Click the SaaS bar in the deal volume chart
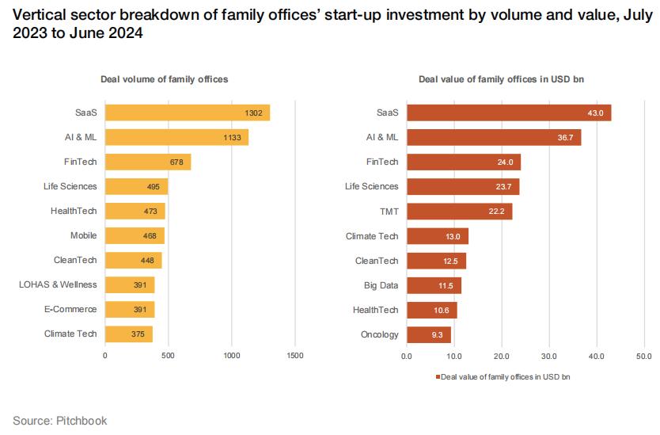tap(187, 113)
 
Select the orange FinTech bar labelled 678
tap(147, 162)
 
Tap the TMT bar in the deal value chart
tap(459, 211)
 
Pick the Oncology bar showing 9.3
tap(428, 334)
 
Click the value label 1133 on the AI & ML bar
tap(236, 137)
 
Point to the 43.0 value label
tap(595, 113)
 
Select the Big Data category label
tap(381, 284)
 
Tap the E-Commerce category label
tap(70, 309)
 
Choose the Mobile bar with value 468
tap(135, 235)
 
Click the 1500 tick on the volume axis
tap(295, 356)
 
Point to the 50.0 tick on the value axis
tap(643, 356)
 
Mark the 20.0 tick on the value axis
tap(501, 356)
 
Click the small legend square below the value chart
tap(436, 377)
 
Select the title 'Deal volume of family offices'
tap(164, 79)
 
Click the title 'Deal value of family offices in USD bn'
tap(502, 79)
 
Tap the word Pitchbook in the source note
tap(81, 421)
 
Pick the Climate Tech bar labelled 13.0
tap(437, 235)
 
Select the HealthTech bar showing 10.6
tap(431, 310)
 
